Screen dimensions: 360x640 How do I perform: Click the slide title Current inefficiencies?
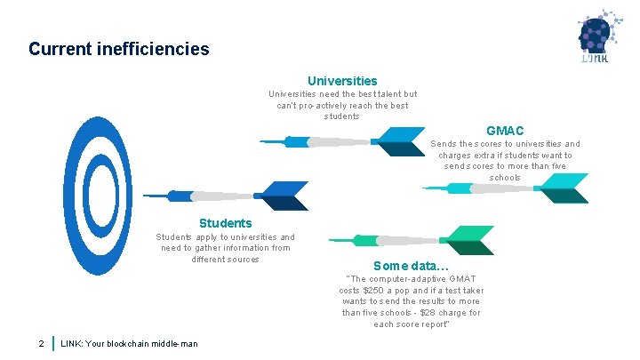tap(119, 48)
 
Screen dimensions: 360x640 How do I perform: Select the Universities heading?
tap(342, 80)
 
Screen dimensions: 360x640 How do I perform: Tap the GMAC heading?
tap(504, 131)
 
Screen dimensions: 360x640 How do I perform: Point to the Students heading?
tap(225, 223)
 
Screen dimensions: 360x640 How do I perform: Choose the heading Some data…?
tap(411, 265)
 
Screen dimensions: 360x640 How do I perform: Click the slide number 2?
tap(41, 343)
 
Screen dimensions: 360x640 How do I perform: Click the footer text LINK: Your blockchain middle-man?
tap(129, 344)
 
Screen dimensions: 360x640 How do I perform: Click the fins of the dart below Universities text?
tap(397, 141)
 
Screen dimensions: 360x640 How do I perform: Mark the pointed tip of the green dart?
tap(330, 240)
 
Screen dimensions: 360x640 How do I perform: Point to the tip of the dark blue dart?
tap(145, 196)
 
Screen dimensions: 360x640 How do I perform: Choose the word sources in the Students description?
tap(241, 260)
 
